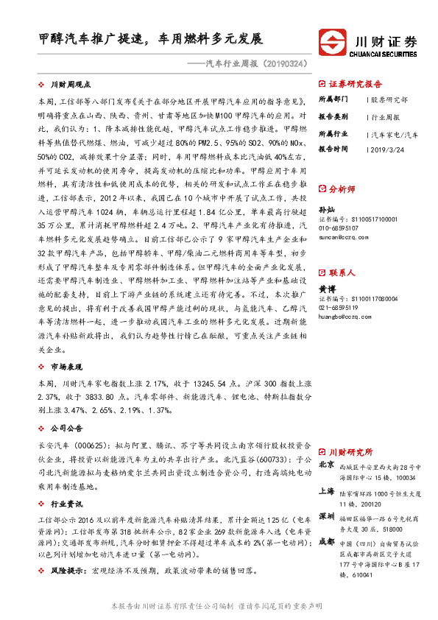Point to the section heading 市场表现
click(x=67, y=365)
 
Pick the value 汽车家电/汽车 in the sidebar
click(x=396, y=134)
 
